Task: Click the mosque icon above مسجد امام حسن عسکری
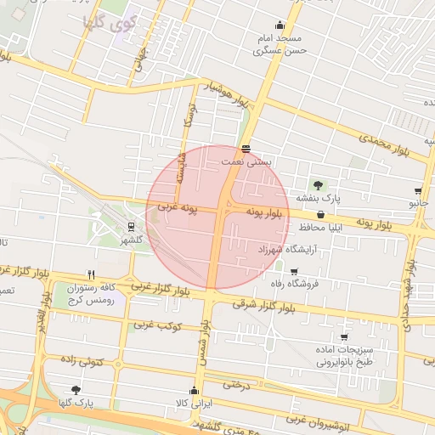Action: click(280, 25)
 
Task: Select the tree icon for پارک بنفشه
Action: click(318, 184)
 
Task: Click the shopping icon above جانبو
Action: click(418, 191)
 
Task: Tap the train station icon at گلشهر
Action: click(131, 227)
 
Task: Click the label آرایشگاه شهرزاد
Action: click(291, 250)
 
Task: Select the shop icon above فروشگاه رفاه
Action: click(294, 272)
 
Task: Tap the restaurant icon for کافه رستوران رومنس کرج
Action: click(90, 274)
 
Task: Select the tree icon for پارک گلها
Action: click(76, 389)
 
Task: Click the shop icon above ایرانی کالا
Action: click(195, 391)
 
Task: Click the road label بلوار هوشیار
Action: click(229, 95)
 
